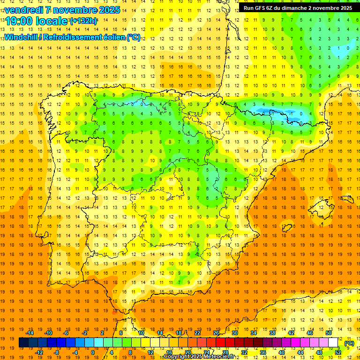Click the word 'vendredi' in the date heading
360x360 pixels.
point(24,10)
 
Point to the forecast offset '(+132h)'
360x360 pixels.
point(83,21)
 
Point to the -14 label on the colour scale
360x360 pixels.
point(30,333)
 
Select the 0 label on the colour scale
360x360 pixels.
point(92,352)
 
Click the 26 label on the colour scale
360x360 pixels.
point(216,333)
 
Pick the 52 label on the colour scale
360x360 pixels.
point(338,352)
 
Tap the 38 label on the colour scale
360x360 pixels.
point(272,333)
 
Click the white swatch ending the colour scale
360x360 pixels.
point(333,343)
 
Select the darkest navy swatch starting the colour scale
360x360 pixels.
point(23,343)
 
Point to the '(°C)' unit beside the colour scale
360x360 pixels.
point(349,343)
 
